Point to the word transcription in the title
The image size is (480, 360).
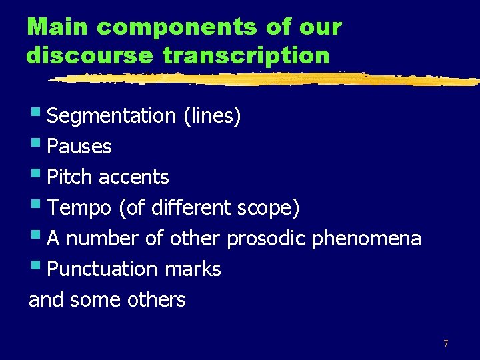click(x=246, y=55)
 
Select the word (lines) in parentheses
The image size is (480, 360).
click(x=211, y=116)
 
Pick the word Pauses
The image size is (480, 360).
click(x=79, y=147)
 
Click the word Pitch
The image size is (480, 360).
click(x=72, y=177)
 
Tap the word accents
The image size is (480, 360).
click(x=134, y=177)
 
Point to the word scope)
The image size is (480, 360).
click(x=269, y=208)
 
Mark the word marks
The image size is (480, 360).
click(x=193, y=269)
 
